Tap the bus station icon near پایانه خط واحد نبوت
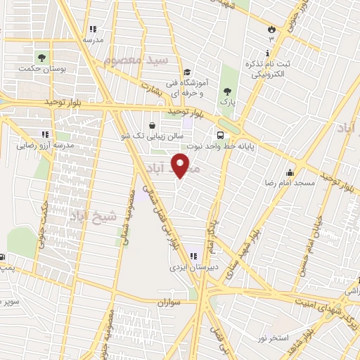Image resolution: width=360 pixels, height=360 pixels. [221, 135]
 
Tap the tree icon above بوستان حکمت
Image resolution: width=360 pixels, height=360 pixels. [42, 57]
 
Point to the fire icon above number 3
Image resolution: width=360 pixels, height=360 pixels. [271, 28]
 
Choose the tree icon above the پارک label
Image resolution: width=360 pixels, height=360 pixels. [226, 91]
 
